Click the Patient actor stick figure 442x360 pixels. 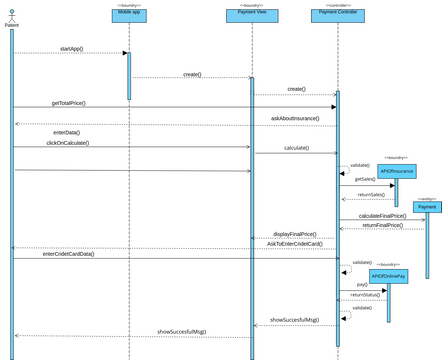pos(12,15)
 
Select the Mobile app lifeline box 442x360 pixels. pos(129,16)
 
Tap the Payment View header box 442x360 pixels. pos(252,16)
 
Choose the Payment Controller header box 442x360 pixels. pos(338,16)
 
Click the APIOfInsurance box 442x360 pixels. pos(396,171)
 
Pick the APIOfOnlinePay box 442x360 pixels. pos(388,276)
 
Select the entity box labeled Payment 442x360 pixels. pos(427,207)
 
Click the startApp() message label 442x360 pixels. pos(72,48)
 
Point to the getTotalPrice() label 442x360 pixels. pos(69,103)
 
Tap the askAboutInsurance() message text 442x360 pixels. pos(296,118)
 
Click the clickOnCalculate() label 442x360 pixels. pos(67,143)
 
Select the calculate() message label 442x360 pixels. pos(296,148)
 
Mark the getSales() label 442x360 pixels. pos(365,179)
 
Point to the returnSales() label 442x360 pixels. pos(371,194)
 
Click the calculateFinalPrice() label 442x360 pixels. pos(382,215)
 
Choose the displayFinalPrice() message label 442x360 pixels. pos(296,233)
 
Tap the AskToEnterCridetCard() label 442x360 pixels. pos(294,243)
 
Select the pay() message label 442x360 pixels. pos(362,285)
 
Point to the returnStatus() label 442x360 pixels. pos(365,295)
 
